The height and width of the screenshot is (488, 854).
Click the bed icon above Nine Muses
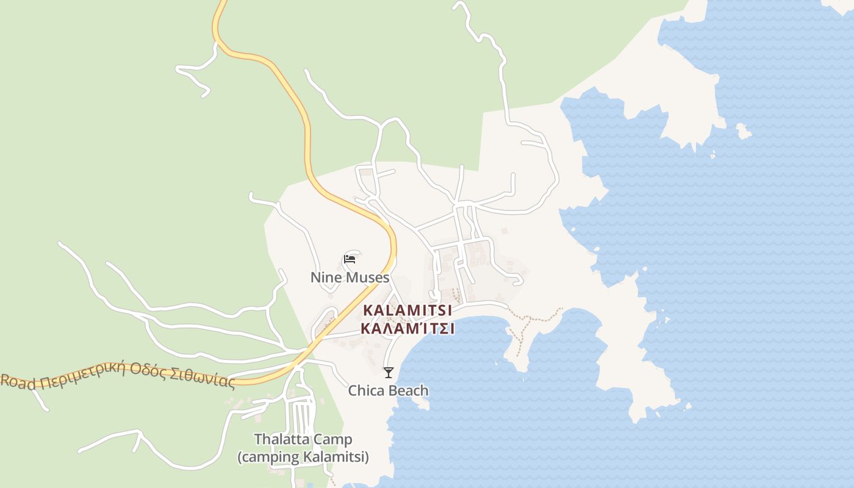click(350, 259)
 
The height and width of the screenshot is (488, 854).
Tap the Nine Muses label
click(350, 278)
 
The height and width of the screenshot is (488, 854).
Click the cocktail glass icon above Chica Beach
click(389, 372)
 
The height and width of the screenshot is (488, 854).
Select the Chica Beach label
click(388, 390)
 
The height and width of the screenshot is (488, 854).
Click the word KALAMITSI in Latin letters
click(407, 310)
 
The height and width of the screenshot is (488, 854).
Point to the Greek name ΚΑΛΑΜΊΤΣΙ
click(407, 328)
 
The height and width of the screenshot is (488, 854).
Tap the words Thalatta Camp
click(303, 439)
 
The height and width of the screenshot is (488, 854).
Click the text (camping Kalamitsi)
click(303, 457)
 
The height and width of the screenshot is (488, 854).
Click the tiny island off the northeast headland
click(742, 131)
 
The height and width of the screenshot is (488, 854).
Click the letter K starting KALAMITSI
click(368, 310)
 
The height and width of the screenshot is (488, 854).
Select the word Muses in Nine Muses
click(367, 278)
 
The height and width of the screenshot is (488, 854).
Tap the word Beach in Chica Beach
click(408, 390)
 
